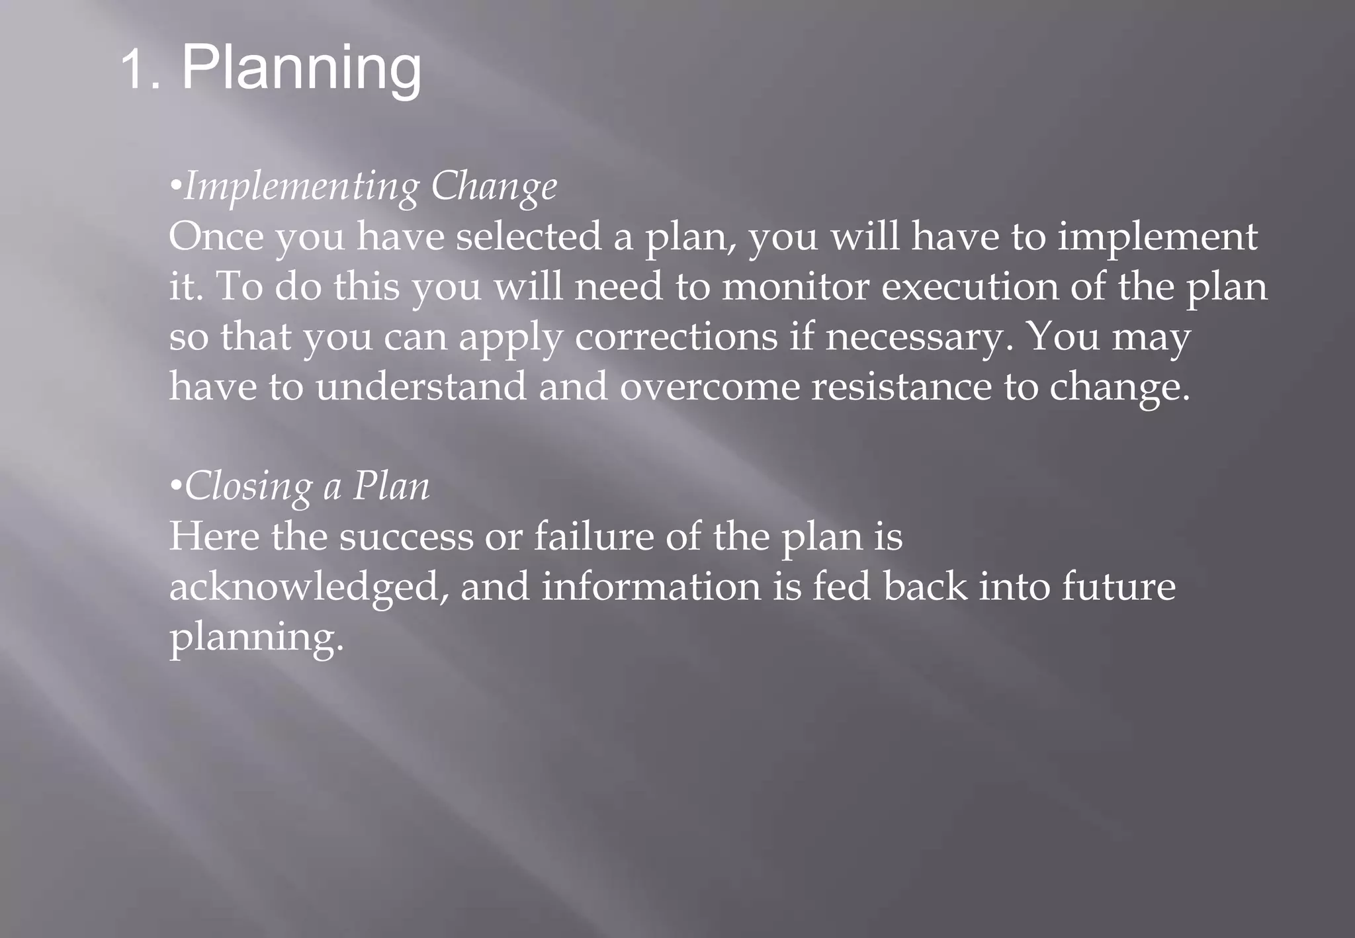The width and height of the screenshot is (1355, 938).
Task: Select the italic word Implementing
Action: pyautogui.click(x=301, y=187)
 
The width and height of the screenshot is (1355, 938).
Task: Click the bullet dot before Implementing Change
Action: pyautogui.click(x=175, y=187)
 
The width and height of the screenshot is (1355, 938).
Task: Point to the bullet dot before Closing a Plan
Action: pyautogui.click(x=175, y=487)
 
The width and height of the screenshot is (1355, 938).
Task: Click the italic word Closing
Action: pyautogui.click(x=248, y=487)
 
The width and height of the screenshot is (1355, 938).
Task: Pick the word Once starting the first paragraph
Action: pyautogui.click(x=216, y=236)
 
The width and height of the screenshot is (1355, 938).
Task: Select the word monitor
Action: pyautogui.click(x=795, y=286)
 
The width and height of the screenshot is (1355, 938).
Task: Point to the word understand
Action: pyautogui.click(x=421, y=386)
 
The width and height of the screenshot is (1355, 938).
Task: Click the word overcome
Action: pyautogui.click(x=709, y=386)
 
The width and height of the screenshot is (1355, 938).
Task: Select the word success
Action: pyautogui.click(x=406, y=536)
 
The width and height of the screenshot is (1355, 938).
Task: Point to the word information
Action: pyautogui.click(x=651, y=587)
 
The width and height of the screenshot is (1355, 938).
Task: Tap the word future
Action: pyautogui.click(x=1118, y=587)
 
